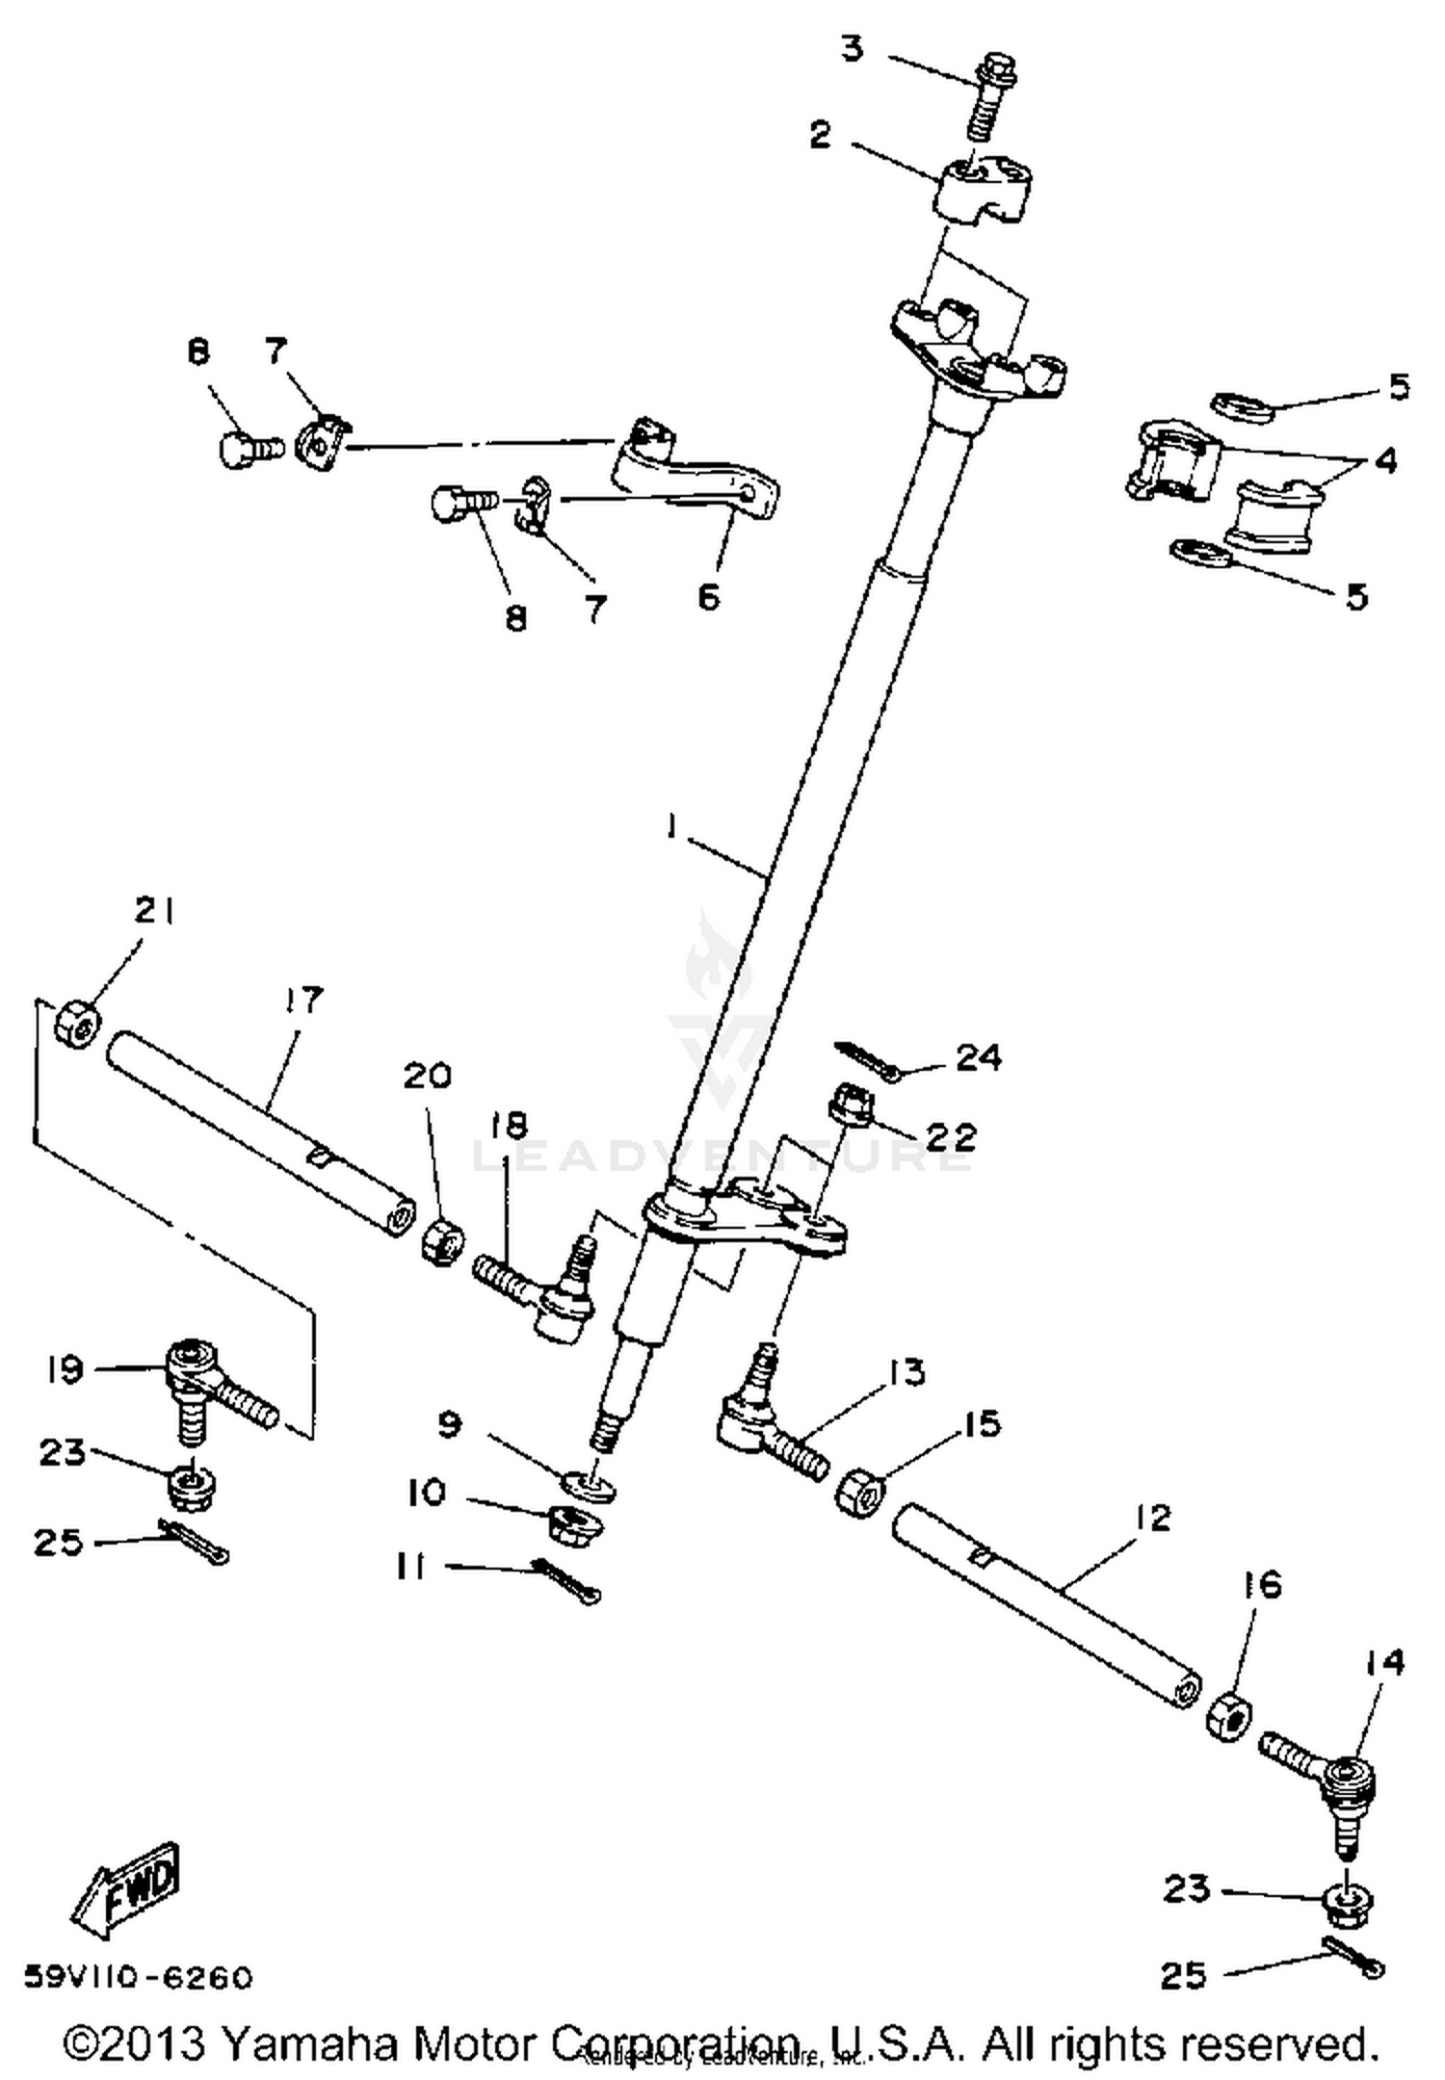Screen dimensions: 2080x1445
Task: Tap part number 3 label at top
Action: coord(852,48)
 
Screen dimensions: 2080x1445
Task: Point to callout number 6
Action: coord(708,597)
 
